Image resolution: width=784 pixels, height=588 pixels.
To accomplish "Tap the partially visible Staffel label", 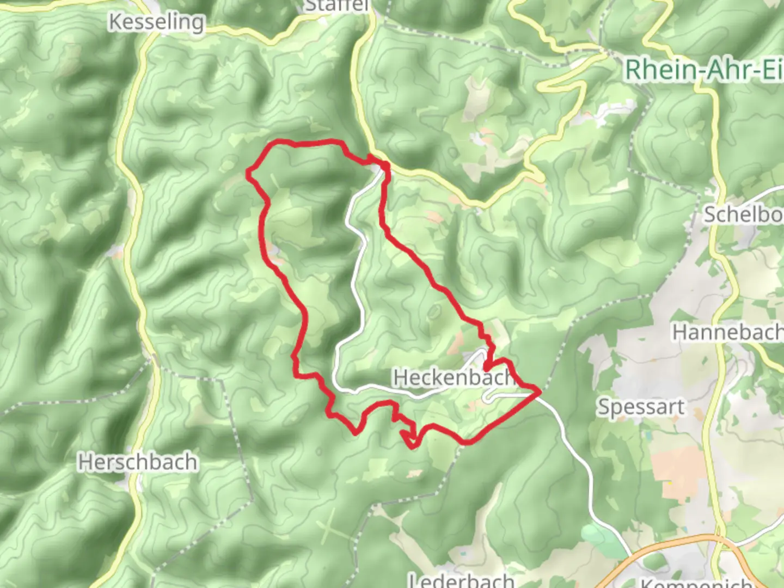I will pyautogui.click(x=336, y=5).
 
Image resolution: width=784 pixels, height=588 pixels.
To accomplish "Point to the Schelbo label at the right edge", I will pyautogui.click(x=743, y=215).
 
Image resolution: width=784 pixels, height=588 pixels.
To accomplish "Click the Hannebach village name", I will pyautogui.click(x=727, y=332).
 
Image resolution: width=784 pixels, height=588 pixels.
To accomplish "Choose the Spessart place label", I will pyautogui.click(x=641, y=407).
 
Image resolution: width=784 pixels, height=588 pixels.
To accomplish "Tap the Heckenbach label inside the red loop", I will pyautogui.click(x=454, y=377).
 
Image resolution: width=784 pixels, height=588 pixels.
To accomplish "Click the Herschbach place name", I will pyautogui.click(x=137, y=462).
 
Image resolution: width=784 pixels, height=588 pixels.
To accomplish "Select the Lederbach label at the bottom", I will pyautogui.click(x=461, y=580).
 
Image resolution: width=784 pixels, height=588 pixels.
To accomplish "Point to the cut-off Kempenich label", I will pyautogui.click(x=696, y=583).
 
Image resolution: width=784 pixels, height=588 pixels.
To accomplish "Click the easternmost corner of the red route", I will pyautogui.click(x=540, y=391).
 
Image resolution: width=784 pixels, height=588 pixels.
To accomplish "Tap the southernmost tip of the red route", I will pyautogui.click(x=412, y=447).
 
